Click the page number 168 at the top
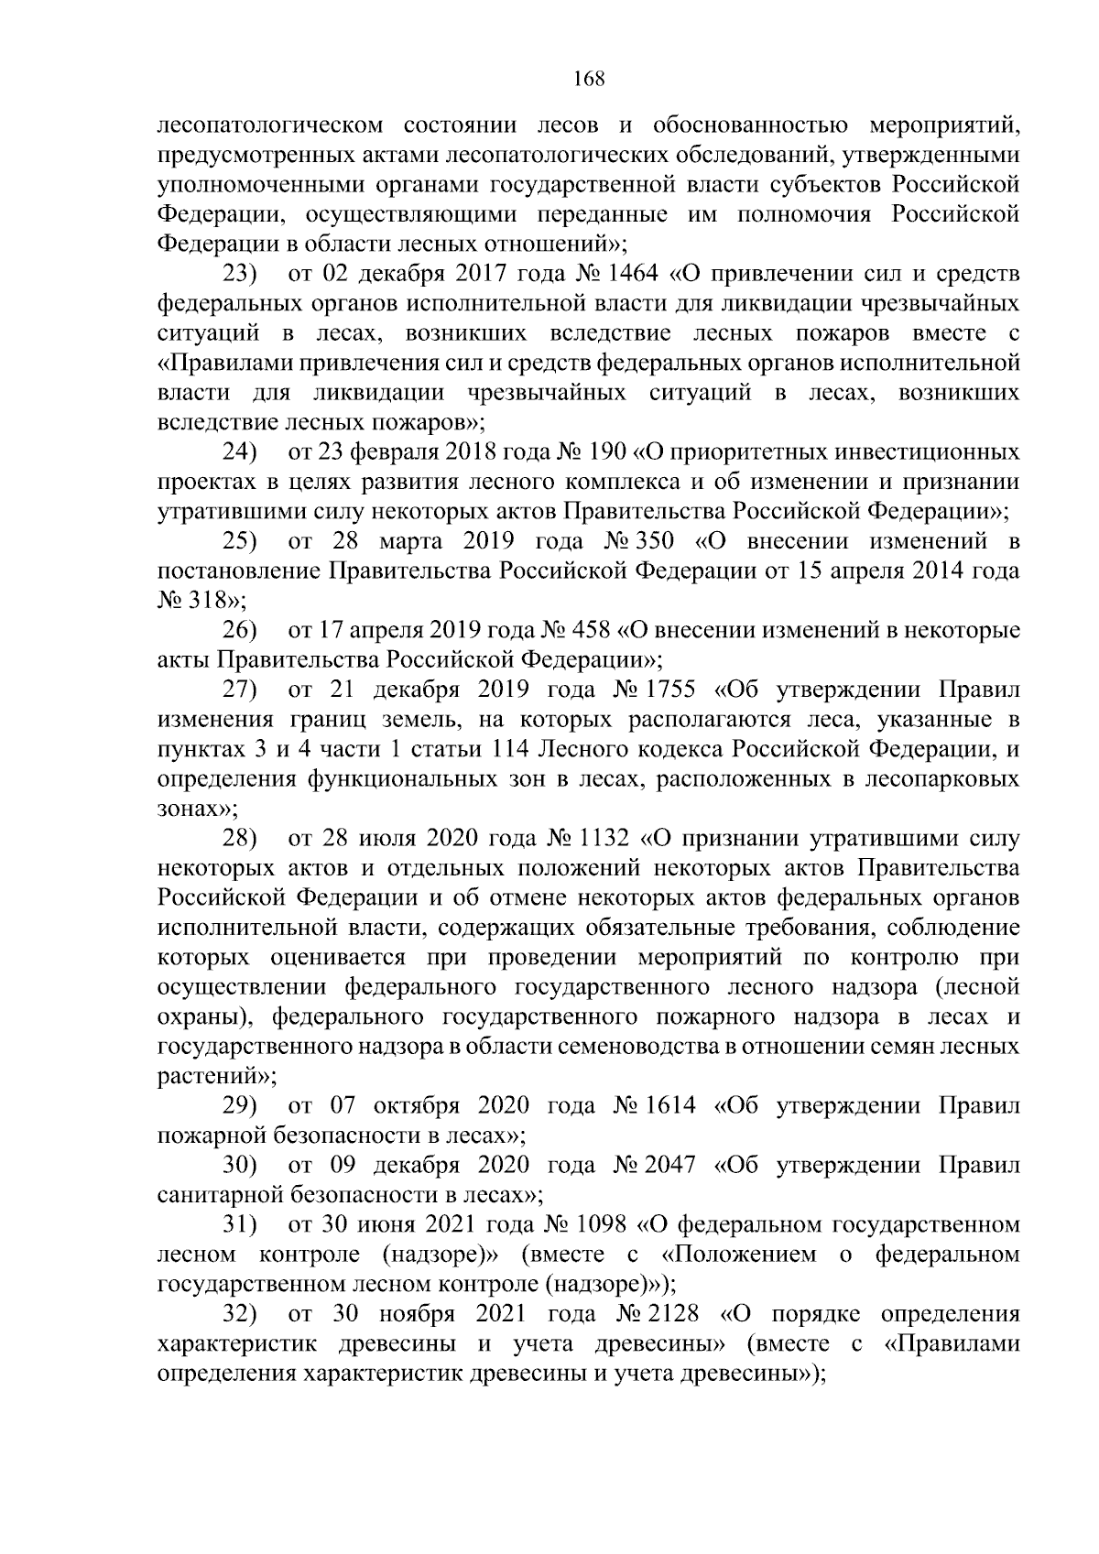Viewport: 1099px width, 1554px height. pos(589,79)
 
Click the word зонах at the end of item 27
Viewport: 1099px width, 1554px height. pos(188,809)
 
